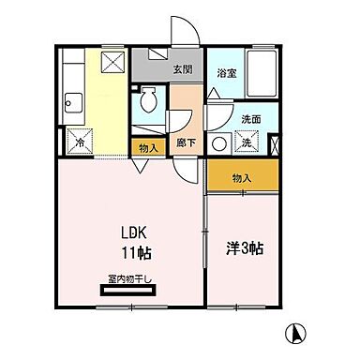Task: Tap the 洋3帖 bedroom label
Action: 244,248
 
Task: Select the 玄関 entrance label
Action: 183,69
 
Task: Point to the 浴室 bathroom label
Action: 226,71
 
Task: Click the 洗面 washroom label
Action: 250,120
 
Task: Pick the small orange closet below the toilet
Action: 148,148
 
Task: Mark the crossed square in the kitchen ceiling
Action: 112,63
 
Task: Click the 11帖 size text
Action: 137,253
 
